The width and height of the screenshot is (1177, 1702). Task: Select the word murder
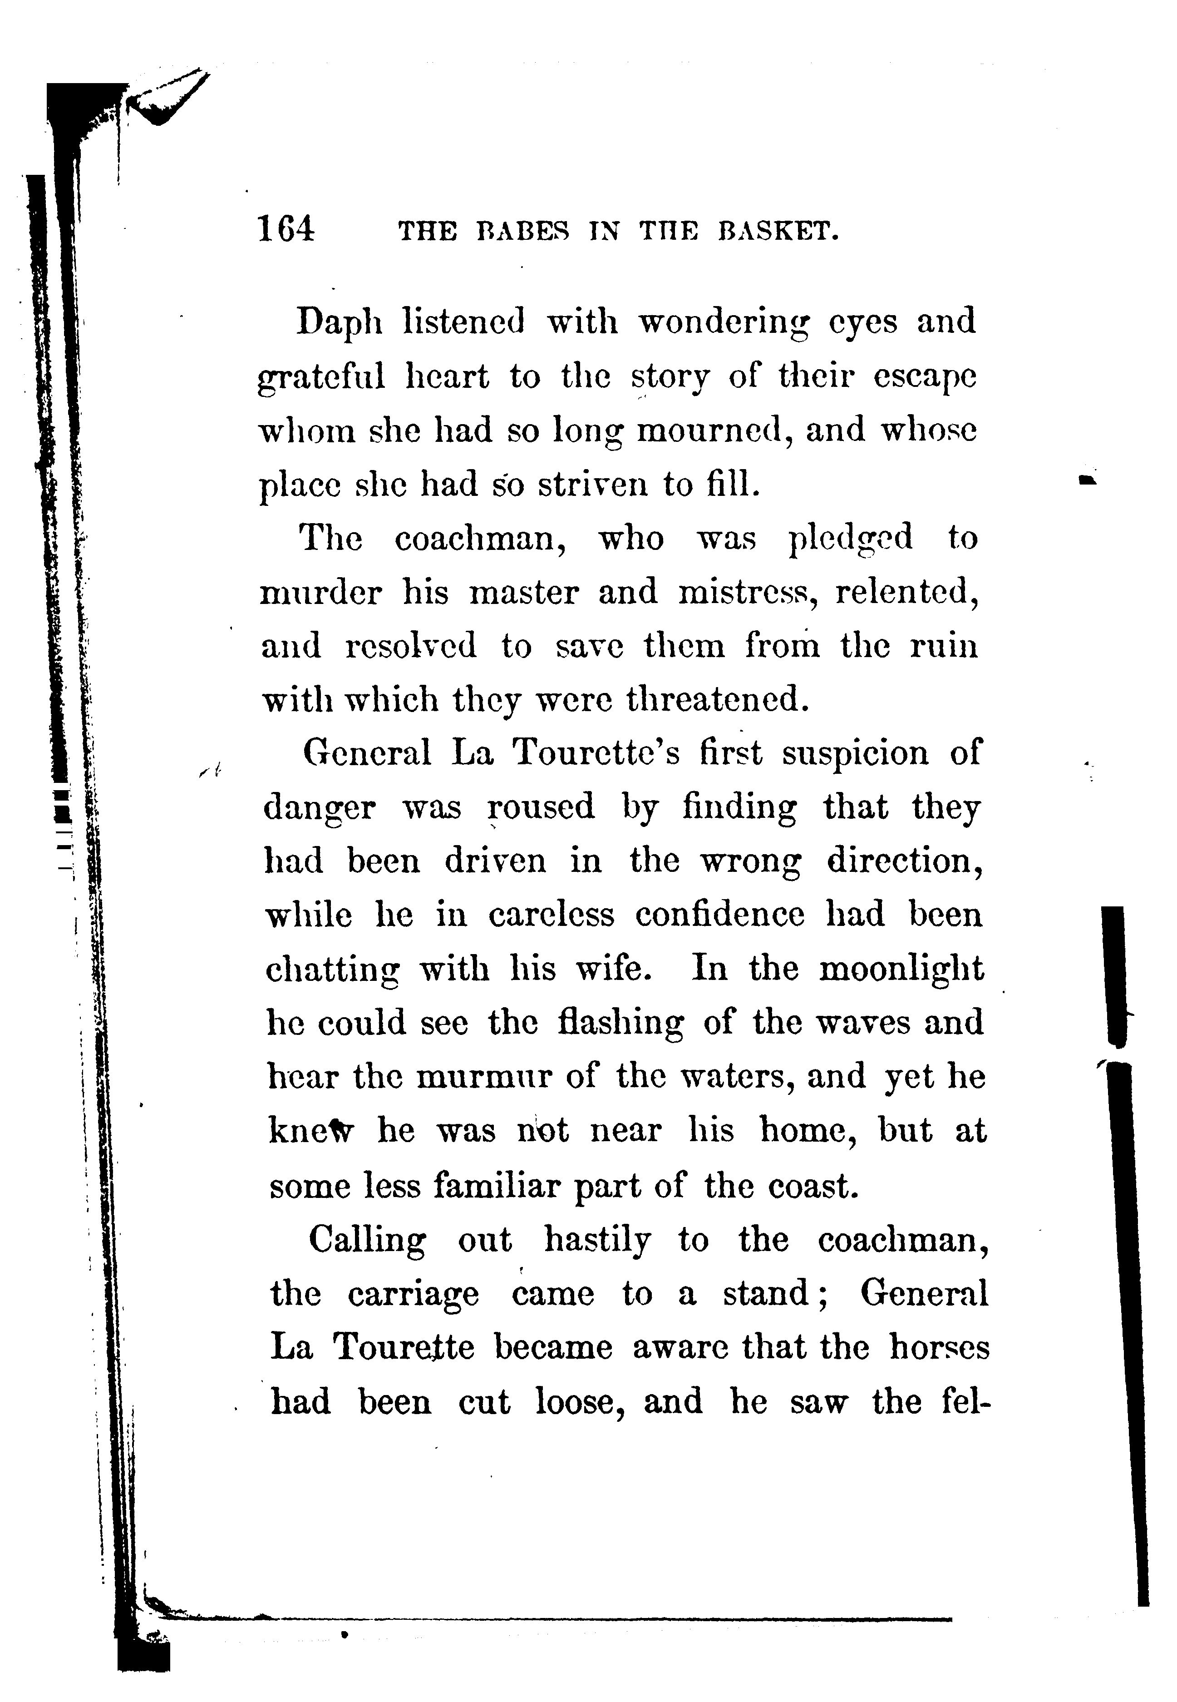pos(321,593)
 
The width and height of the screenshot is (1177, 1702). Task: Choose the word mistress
pos(748,593)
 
